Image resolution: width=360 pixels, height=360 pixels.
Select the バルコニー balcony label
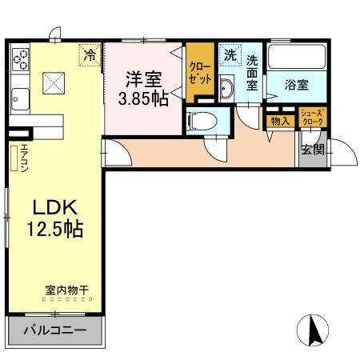[x=54, y=330]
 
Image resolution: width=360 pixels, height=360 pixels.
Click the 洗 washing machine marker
[x=230, y=56]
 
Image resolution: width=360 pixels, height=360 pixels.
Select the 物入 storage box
[x=280, y=120]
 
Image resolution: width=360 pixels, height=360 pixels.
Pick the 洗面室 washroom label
[x=252, y=72]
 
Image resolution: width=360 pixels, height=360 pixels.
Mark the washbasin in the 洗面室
[x=226, y=88]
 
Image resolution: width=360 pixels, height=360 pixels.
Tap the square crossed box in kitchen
[x=54, y=82]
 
